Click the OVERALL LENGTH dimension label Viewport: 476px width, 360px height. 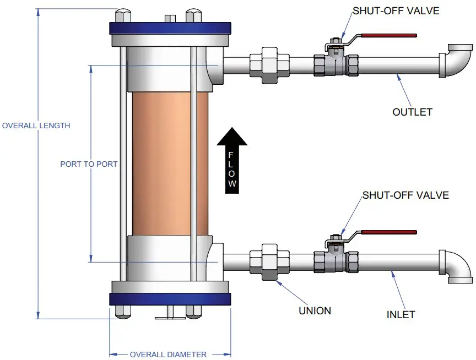pyautogui.click(x=36, y=126)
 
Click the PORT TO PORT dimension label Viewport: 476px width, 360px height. pyautogui.click(x=89, y=164)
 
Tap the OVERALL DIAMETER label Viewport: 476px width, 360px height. pyautogui.click(x=168, y=354)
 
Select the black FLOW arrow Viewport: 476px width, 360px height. pyautogui.click(x=232, y=160)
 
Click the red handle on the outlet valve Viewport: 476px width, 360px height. pyautogui.click(x=388, y=36)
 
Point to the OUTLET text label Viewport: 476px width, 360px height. pyautogui.click(x=412, y=112)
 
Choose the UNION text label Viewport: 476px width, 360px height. pyautogui.click(x=315, y=310)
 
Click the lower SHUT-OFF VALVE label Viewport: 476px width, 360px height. pyautogui.click(x=405, y=195)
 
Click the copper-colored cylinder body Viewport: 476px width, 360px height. pyautogui.click(x=171, y=164)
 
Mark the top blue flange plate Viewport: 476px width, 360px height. pyautogui.click(x=170, y=28)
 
